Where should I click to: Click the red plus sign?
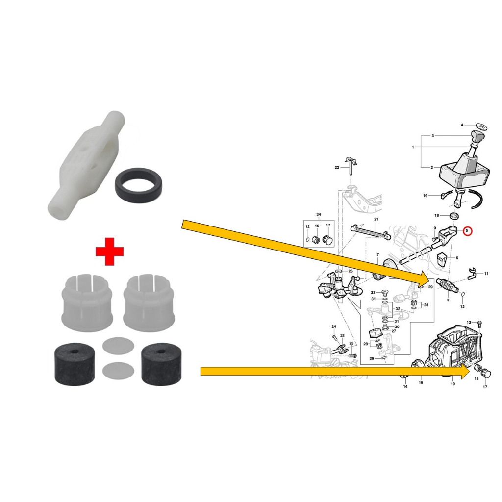coord(109,251)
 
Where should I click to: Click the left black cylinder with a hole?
coord(75,364)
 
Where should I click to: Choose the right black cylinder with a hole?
coord(161,364)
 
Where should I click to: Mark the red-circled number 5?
coord(467,230)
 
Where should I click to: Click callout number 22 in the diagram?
coord(337,168)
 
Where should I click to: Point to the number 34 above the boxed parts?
coord(319,215)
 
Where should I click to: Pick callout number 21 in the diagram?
coord(376,219)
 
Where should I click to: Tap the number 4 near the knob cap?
coord(462,125)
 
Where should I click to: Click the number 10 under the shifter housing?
coord(452,384)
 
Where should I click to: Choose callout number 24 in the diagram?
coord(334,326)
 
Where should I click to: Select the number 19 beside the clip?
coord(425,196)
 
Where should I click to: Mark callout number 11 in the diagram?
coord(486,274)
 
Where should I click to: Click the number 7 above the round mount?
coord(378,255)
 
